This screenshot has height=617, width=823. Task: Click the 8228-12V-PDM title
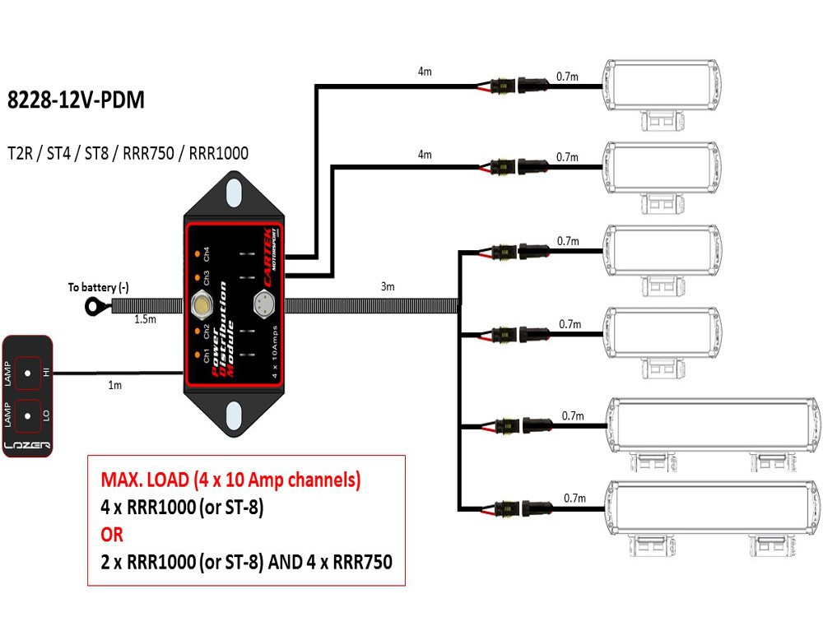[76, 101]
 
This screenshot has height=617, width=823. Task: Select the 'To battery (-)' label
[99, 287]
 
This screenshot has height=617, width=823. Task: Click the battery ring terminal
[92, 307]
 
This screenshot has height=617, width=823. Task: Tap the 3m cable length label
[388, 287]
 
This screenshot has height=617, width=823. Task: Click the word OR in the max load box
[112, 535]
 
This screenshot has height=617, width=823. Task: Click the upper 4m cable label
[425, 72]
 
